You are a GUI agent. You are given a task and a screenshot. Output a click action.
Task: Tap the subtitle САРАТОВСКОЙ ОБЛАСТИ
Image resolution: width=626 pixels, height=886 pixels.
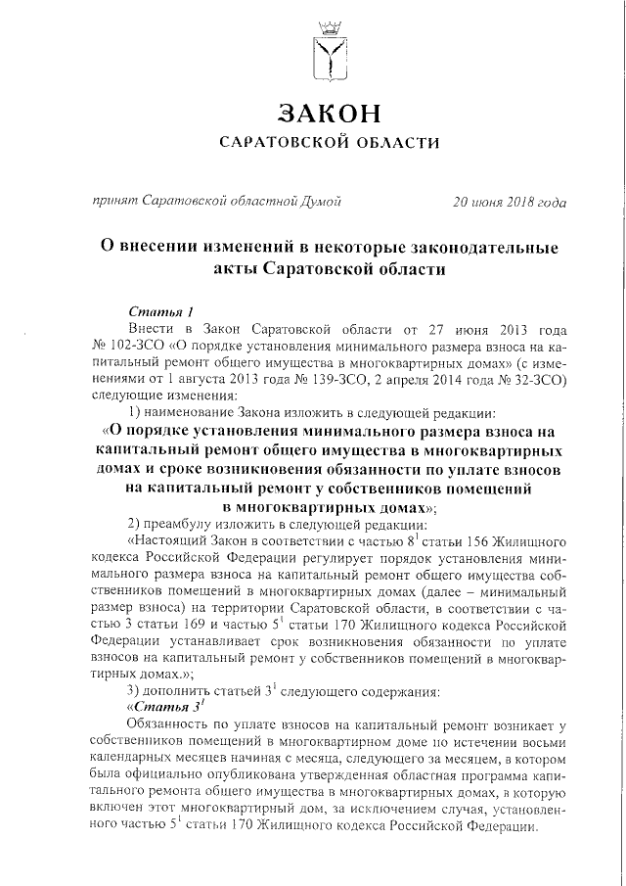click(328, 144)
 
